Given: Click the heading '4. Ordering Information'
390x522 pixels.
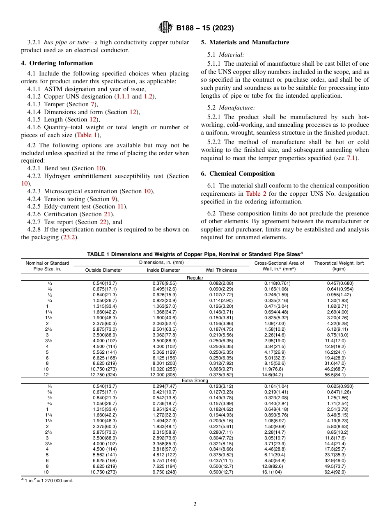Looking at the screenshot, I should pyautogui.click(x=57, y=63).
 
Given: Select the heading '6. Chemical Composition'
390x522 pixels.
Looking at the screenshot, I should pyautogui.click(x=238, y=174).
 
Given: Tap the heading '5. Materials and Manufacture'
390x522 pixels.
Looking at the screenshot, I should pyautogui.click(x=245, y=42).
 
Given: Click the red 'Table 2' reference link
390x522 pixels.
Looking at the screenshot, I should pyautogui.click(x=256, y=194).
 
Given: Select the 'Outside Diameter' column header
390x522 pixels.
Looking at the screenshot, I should pyautogui.click(x=103, y=270).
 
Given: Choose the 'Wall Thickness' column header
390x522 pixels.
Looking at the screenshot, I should pyautogui.click(x=221, y=270).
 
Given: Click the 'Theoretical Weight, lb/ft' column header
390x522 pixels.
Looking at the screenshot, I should pyautogui.click(x=339, y=263).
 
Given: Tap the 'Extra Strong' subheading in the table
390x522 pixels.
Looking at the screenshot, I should pyautogui.click(x=195, y=380).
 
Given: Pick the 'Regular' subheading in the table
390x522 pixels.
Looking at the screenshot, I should pyautogui.click(x=195, y=278).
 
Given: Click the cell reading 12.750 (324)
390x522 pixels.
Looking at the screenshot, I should pyautogui.click(x=105, y=375).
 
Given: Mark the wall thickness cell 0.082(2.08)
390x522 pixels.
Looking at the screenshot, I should pyautogui.click(x=221, y=283).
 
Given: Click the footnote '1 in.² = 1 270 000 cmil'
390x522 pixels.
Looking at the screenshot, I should pyautogui.click(x=47, y=481).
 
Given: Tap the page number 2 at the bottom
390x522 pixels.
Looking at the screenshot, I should pyautogui.click(x=195, y=504).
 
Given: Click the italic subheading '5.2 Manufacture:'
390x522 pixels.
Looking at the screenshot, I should pyautogui.click(x=231, y=108).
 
